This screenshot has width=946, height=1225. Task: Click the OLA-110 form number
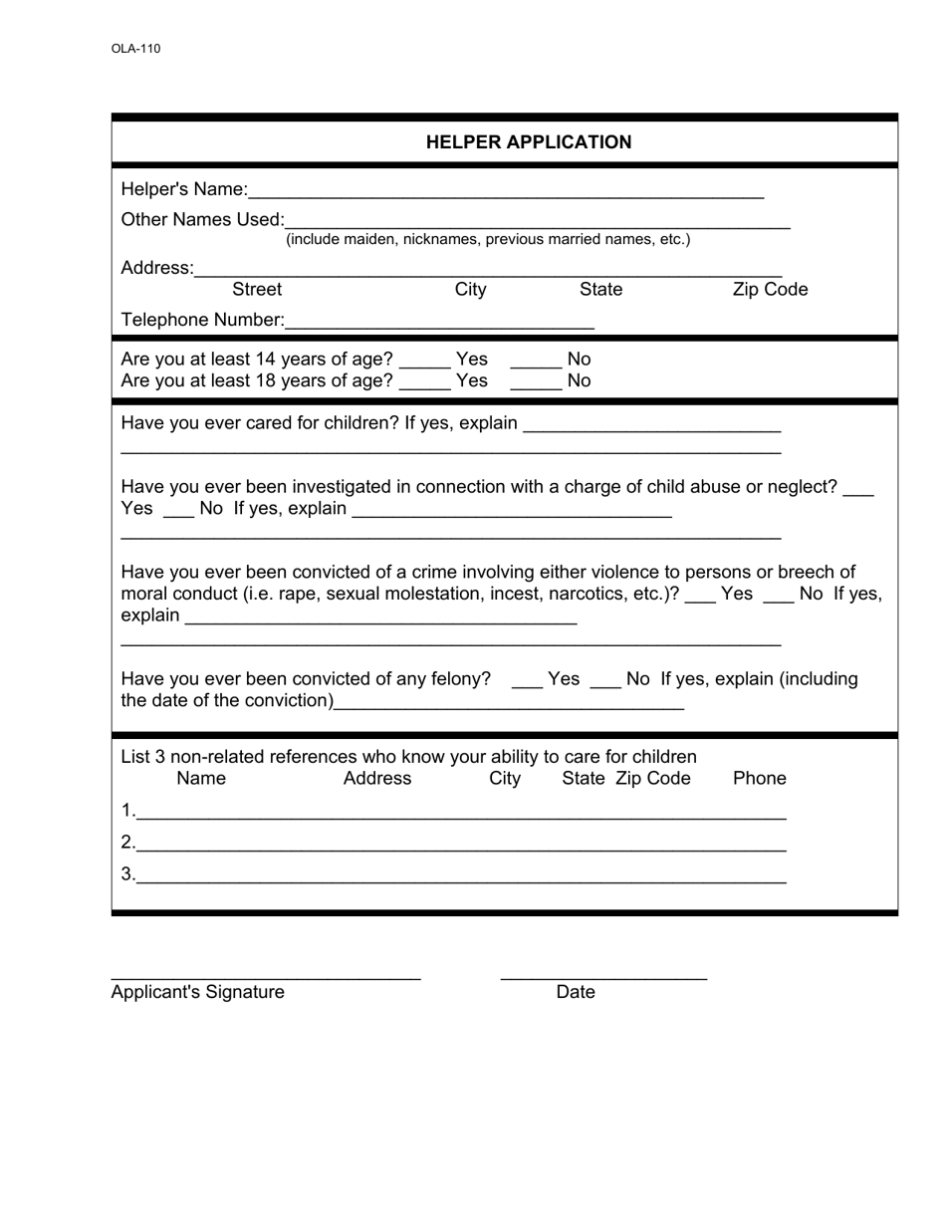click(x=135, y=49)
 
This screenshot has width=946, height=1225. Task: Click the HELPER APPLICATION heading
click(x=528, y=142)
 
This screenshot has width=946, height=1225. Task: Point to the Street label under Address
click(x=257, y=290)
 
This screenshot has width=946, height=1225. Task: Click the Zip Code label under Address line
click(x=770, y=290)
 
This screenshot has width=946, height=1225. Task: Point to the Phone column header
click(x=759, y=779)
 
